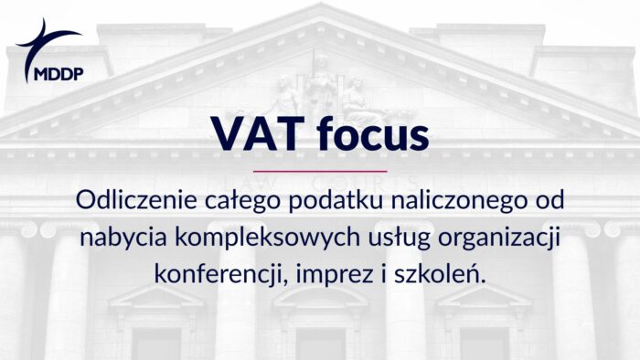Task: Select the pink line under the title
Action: (x=320, y=171)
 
